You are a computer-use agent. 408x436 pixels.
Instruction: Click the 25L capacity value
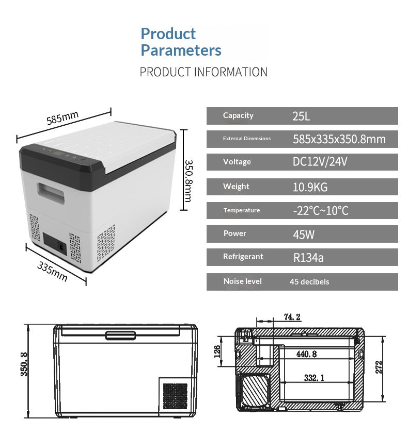click(301, 116)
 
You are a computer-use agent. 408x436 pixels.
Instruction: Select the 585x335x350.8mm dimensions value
click(339, 139)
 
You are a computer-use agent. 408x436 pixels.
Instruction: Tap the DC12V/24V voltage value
click(320, 161)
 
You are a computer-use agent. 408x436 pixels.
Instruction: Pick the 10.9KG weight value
click(310, 187)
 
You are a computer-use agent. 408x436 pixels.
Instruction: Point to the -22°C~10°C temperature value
click(321, 210)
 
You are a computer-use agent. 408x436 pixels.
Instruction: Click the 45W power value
click(304, 234)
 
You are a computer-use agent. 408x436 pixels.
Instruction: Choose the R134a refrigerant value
click(308, 258)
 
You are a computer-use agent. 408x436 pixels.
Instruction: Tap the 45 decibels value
click(309, 282)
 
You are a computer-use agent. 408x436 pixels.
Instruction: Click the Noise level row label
click(242, 281)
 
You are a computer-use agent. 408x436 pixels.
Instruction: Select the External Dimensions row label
click(247, 138)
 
